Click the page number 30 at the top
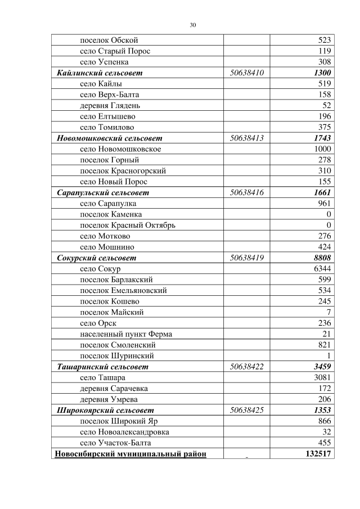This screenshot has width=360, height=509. click(x=193, y=25)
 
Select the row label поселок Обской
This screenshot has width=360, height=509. click(x=109, y=40)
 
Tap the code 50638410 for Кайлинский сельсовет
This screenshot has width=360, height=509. click(x=247, y=73)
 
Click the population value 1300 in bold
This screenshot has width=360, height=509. click(x=322, y=73)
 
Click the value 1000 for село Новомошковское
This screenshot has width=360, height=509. click(x=322, y=149)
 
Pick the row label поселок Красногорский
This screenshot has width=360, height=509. click(x=123, y=170)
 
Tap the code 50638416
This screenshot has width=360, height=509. click(x=247, y=192)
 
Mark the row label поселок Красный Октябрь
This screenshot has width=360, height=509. click(x=128, y=225)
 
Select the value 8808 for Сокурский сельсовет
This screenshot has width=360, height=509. click(x=322, y=258)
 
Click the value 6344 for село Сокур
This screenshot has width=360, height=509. click(x=322, y=269)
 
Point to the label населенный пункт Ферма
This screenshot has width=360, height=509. click(x=126, y=334)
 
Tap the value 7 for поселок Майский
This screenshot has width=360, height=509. click(x=328, y=312)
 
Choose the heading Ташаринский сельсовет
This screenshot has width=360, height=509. click(x=103, y=367)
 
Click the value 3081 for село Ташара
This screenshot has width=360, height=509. click(x=322, y=377)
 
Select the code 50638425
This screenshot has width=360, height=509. click(x=247, y=410)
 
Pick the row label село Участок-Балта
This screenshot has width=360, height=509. click(x=116, y=443)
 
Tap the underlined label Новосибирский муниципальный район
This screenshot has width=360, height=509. click(x=130, y=454)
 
